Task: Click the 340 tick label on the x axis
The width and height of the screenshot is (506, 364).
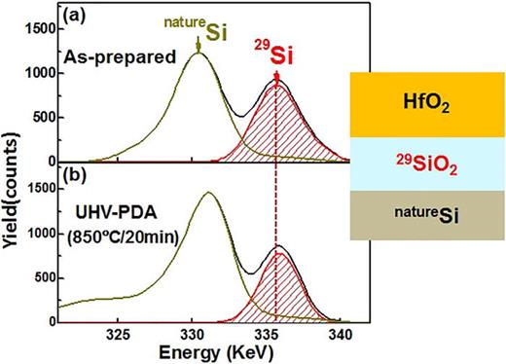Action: click(340, 334)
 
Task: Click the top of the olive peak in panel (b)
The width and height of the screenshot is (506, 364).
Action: click(207, 193)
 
